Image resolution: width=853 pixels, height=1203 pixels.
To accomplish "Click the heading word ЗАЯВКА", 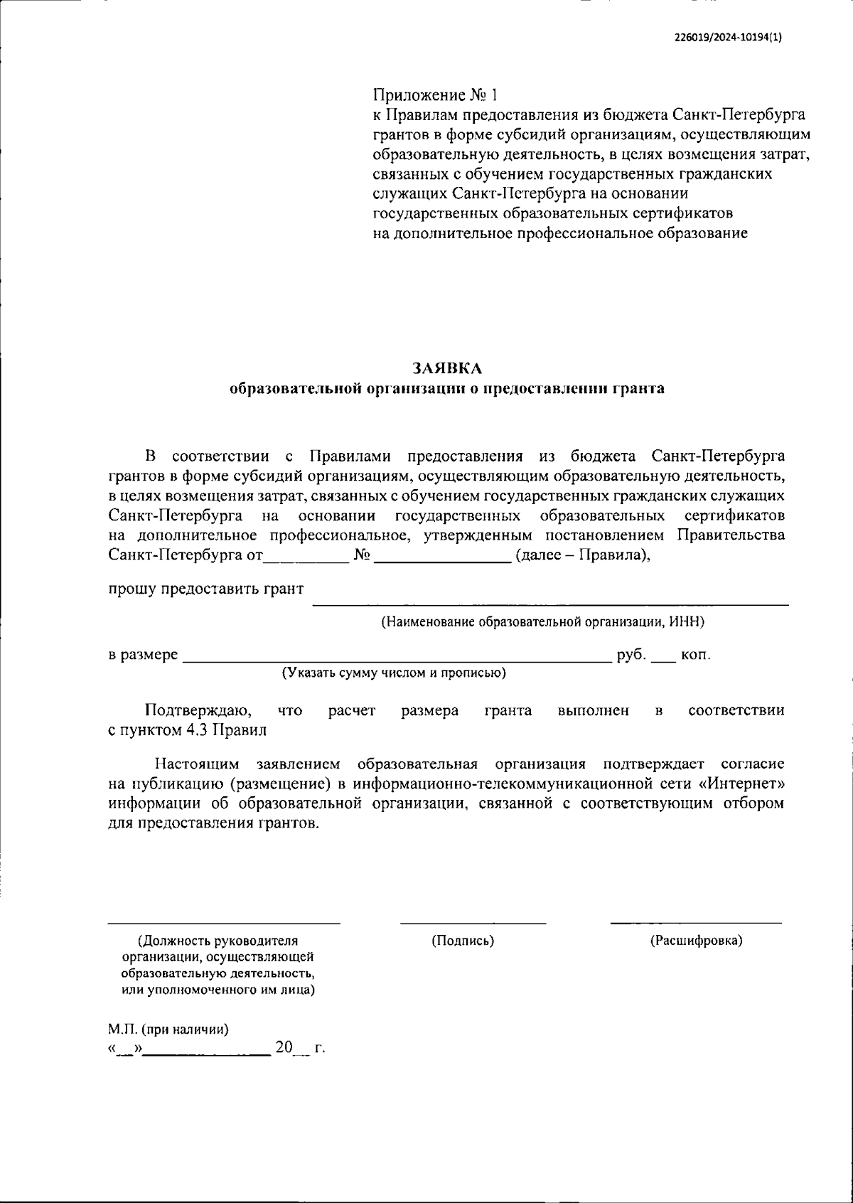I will (x=447, y=368).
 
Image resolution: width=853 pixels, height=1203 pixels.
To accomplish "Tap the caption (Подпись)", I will (x=463, y=941).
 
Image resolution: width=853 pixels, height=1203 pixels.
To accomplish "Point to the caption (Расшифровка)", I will (x=696, y=941).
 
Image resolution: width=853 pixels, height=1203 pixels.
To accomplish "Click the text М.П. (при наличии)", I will (x=168, y=1029).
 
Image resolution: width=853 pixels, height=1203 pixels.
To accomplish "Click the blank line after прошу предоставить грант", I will (x=551, y=603).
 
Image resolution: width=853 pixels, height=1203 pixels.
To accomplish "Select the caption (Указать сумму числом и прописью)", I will (x=394, y=673).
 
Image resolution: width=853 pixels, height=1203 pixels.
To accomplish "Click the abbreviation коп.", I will (x=695, y=655).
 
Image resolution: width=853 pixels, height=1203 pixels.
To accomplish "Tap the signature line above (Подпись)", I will (x=473, y=923).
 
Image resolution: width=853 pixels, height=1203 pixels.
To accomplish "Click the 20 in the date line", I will (x=283, y=1047).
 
